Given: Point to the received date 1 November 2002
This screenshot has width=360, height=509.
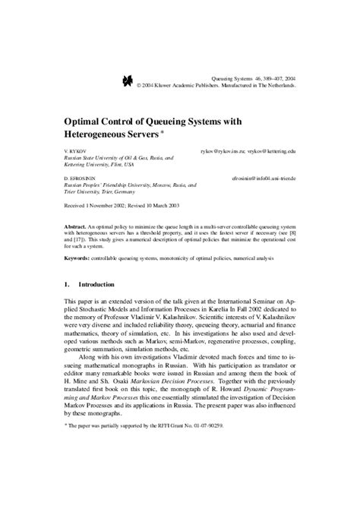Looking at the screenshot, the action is pos(111,205).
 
